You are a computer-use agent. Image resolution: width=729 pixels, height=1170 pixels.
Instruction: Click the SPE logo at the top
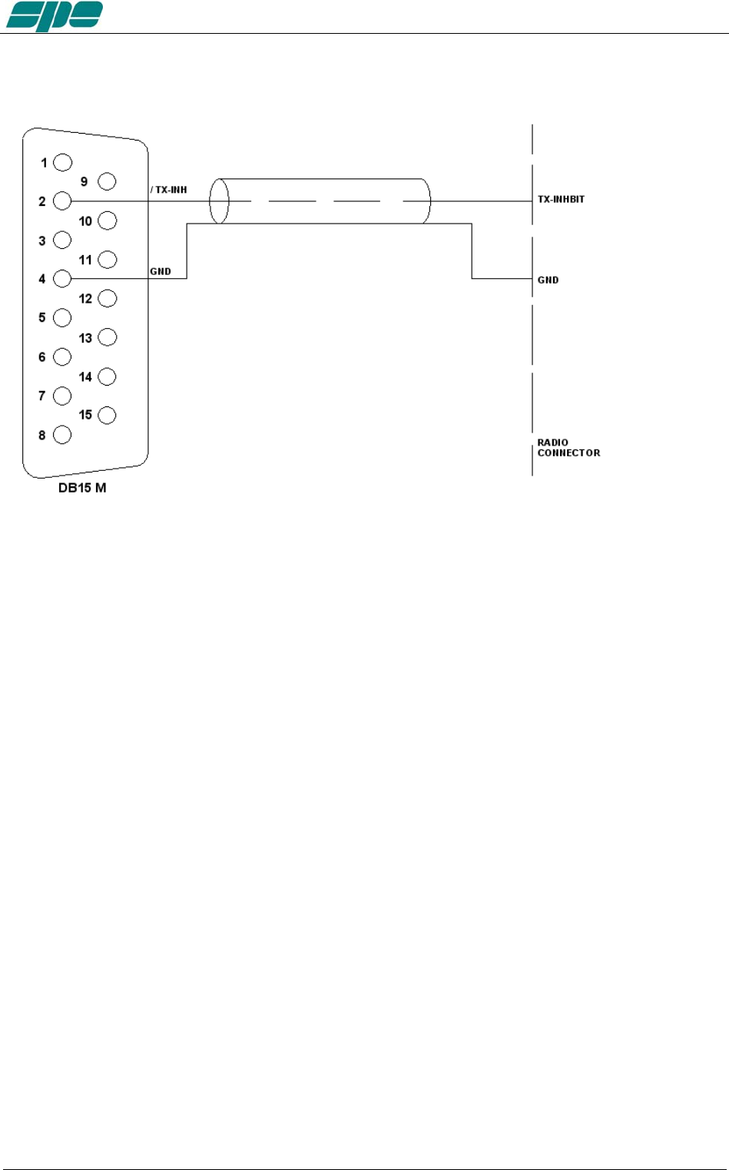pos(55,15)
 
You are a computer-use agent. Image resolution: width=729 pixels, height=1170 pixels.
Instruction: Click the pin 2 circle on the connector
pos(62,201)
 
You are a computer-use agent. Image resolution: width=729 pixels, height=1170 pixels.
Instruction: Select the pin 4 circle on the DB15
pos(62,279)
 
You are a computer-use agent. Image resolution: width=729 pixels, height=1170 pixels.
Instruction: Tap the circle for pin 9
pos(107,181)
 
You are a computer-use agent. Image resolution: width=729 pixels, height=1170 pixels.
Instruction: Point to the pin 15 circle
pos(107,415)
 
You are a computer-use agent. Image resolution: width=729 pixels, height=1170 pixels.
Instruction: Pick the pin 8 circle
pos(62,435)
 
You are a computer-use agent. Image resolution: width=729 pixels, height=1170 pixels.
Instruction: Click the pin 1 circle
pos(62,162)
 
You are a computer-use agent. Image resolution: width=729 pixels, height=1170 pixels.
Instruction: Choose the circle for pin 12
pos(107,298)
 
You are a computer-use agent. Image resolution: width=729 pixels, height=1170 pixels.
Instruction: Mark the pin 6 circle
pos(62,356)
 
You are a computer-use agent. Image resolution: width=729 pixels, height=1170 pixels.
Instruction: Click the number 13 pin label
pos(85,338)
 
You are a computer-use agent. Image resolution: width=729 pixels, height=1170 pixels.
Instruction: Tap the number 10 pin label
pos(85,221)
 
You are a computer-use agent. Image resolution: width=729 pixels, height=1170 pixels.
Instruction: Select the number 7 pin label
pos(42,396)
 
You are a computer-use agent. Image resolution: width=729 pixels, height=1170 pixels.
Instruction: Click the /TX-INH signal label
pos(169,190)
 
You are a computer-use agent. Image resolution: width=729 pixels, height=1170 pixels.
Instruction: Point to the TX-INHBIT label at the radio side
pos(561,199)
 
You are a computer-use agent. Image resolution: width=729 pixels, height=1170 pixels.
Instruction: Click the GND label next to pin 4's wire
pos(161,271)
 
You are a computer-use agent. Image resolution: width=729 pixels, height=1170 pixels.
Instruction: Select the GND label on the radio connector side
pos(548,280)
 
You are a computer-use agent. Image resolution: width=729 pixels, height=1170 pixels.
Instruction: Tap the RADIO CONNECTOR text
pos(568,448)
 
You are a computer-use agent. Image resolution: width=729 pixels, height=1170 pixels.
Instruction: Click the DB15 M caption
pos(82,488)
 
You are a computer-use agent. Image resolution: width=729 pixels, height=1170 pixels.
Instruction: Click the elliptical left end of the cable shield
pos(219,201)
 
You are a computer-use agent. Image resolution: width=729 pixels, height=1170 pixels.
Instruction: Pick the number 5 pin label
pos(42,317)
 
